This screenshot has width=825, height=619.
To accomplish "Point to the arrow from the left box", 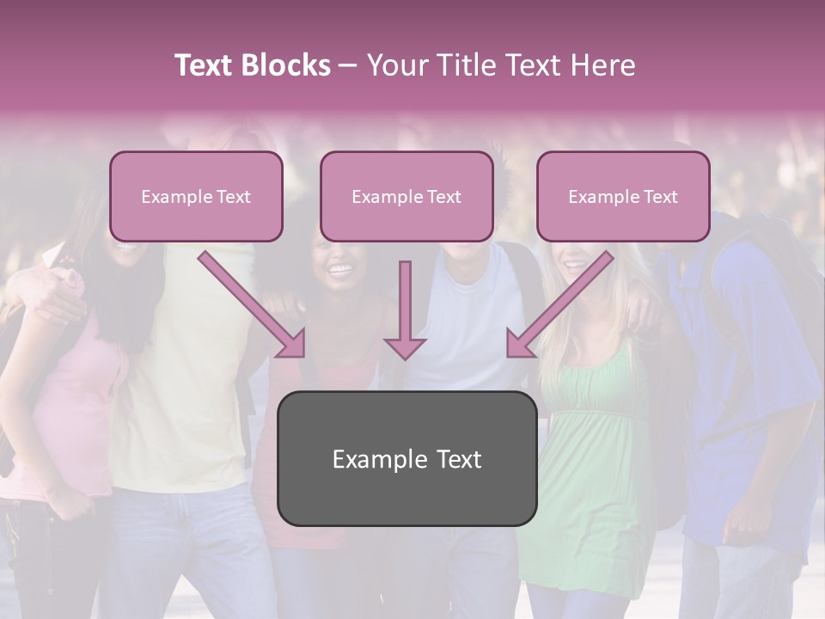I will (x=249, y=302).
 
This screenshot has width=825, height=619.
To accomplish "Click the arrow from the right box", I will (x=563, y=302).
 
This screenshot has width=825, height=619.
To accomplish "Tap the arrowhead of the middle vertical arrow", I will (x=405, y=348).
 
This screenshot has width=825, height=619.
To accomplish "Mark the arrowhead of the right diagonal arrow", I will (x=519, y=343).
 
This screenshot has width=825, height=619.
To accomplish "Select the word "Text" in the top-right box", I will (x=661, y=197).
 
